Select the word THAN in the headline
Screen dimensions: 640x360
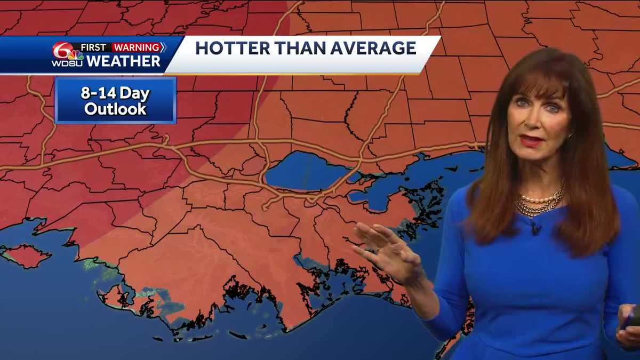click(x=289, y=48)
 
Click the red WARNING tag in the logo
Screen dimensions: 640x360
click(x=137, y=47)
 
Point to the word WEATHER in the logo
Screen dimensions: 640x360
click(x=123, y=61)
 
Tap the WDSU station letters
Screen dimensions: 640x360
click(x=67, y=63)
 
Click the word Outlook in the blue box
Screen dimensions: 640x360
click(x=115, y=109)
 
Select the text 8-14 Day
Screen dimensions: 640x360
click(x=115, y=93)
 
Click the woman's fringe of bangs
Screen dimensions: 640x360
click(x=539, y=80)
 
